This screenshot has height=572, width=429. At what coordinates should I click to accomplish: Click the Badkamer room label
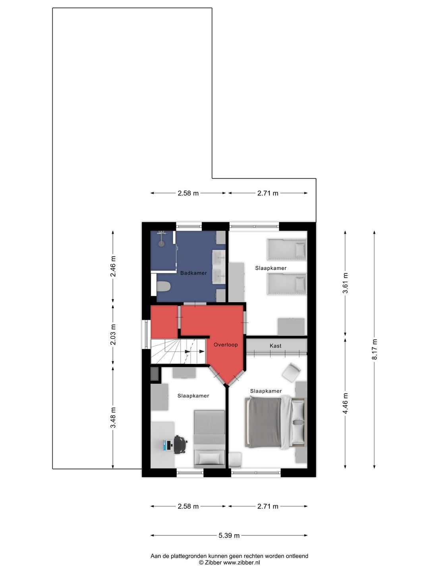coord(193,273)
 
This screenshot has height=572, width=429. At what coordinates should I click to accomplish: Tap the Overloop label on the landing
coord(226,344)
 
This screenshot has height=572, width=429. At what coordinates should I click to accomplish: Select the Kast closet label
coord(275,346)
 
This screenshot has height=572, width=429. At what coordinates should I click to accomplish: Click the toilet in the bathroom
coord(163,286)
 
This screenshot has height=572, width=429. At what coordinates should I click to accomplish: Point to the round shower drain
coord(162,243)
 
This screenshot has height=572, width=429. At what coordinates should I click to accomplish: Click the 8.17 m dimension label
coord(374,350)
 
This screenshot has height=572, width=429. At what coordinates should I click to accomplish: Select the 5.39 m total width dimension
coord(229,535)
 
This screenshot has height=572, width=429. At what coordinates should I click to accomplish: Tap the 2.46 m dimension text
coord(113,266)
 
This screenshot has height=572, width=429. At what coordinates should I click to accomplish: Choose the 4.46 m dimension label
coord(345,403)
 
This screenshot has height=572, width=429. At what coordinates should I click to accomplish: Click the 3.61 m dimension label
coord(345,283)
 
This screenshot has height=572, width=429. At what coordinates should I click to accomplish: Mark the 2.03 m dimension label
coord(113,334)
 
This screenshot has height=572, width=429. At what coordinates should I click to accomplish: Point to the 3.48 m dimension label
coord(113,417)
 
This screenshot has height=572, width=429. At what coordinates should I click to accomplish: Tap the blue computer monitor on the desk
coord(165,445)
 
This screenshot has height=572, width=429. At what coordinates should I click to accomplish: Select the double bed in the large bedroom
coord(276,422)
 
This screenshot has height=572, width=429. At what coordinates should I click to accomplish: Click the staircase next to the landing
coord(178,351)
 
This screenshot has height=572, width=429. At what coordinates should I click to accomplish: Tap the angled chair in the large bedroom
coord(292,373)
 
